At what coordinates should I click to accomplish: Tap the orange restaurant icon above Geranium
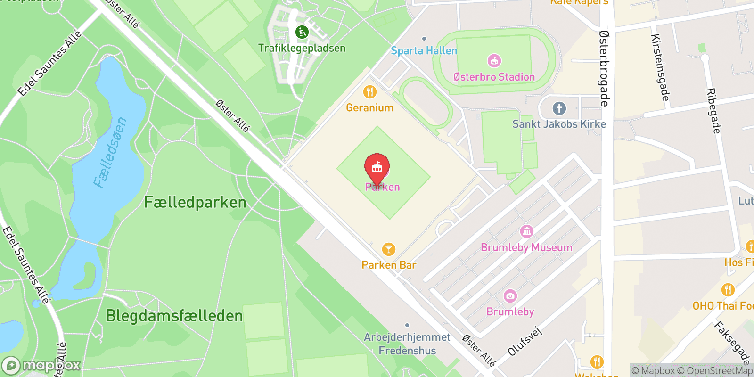(x=370, y=92)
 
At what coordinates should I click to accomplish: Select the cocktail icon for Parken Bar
(x=388, y=249)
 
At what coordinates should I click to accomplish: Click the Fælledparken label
(x=195, y=203)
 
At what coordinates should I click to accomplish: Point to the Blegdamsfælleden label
(x=174, y=316)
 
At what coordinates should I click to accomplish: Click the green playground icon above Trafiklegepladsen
(x=302, y=32)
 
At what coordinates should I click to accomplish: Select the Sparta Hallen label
(x=424, y=51)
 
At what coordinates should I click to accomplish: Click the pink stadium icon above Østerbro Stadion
(x=494, y=61)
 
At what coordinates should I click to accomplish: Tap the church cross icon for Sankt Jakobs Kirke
(x=559, y=108)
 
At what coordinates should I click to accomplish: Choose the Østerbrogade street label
(x=605, y=68)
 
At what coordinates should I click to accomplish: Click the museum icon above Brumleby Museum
(x=526, y=231)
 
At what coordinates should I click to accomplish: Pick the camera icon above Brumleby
(x=510, y=296)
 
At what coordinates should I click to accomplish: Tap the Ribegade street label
(x=713, y=111)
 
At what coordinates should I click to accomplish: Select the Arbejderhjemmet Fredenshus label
(x=407, y=344)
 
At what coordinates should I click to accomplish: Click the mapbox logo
(x=41, y=365)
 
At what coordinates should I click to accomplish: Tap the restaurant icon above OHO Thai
(x=728, y=290)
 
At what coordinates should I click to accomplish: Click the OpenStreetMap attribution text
(x=719, y=371)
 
